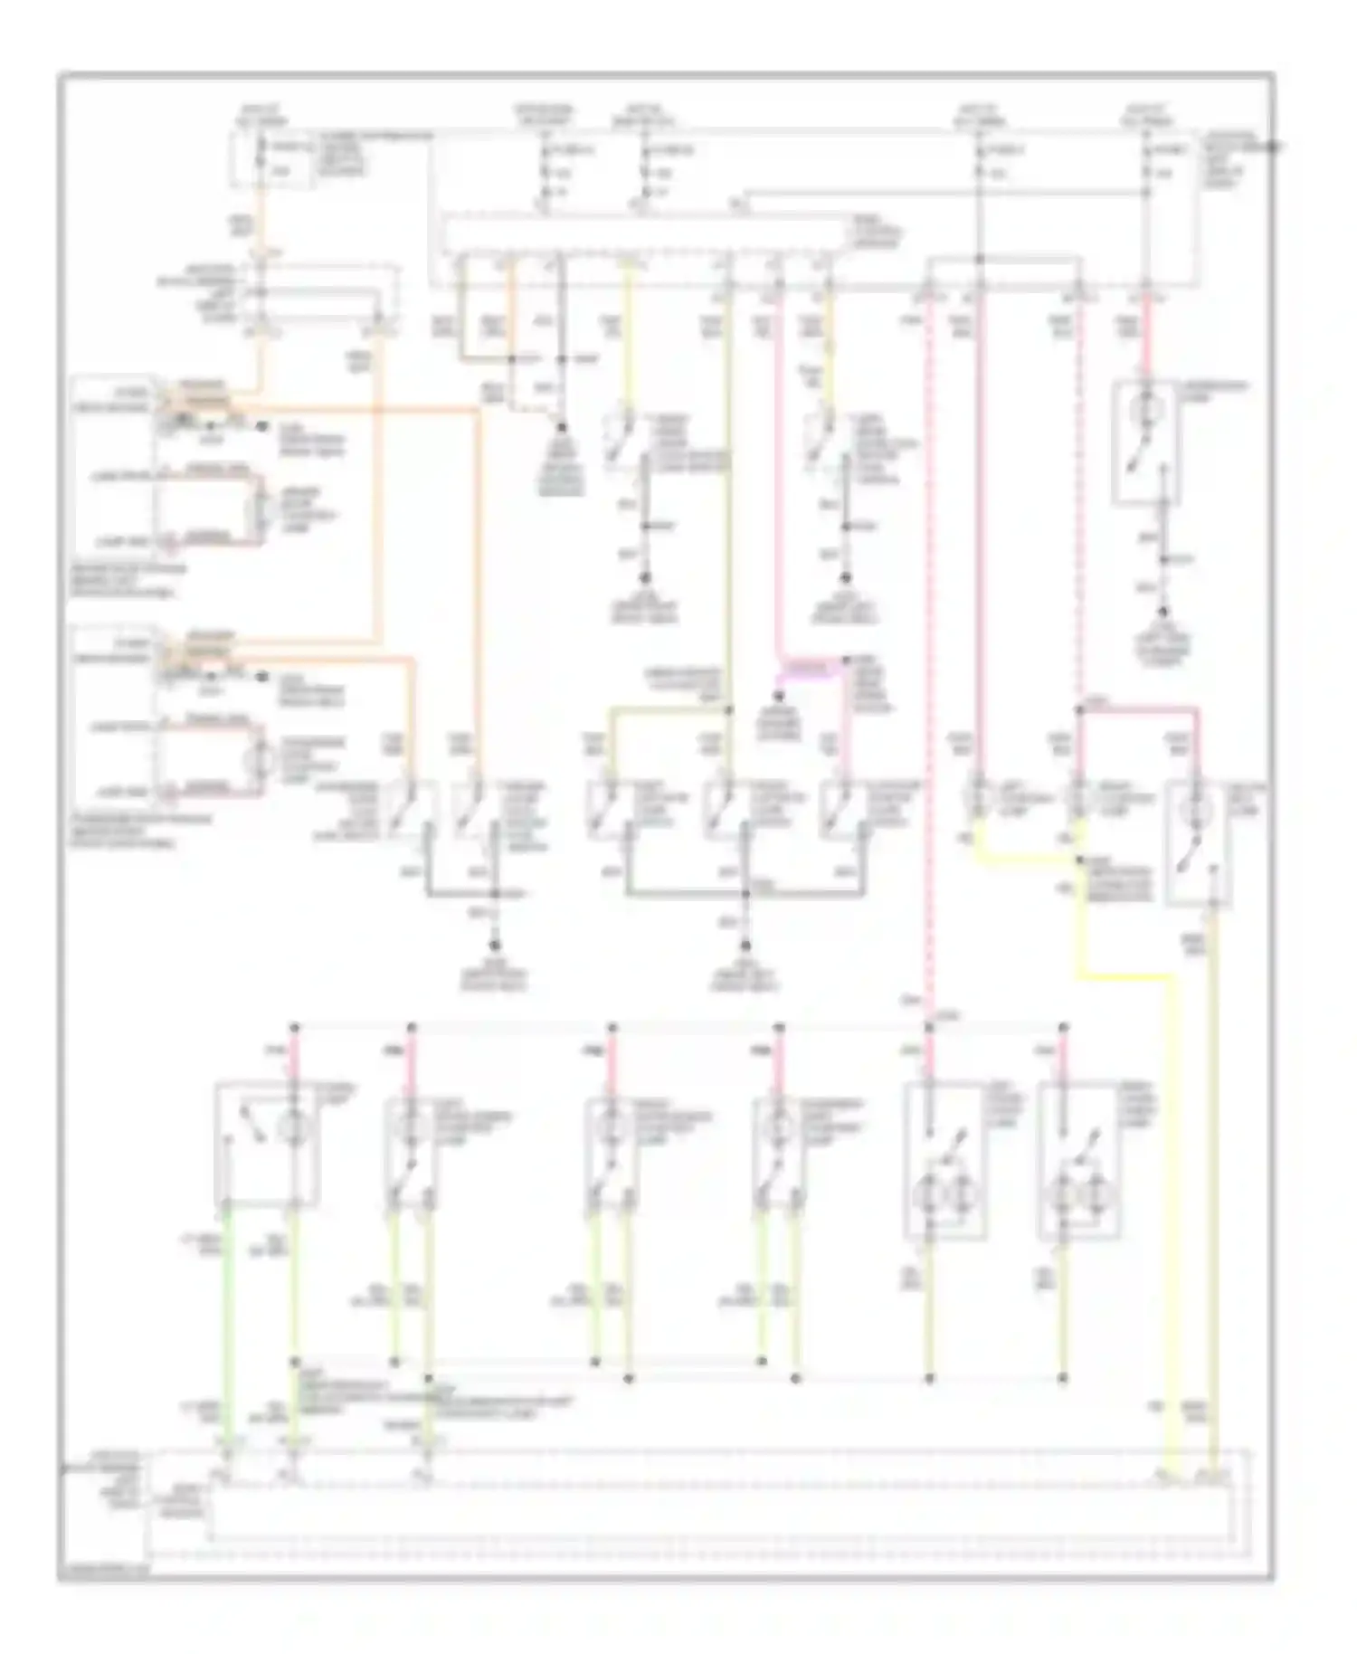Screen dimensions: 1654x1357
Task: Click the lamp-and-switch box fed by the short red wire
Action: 1145,441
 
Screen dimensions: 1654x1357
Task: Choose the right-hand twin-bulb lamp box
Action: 1078,1161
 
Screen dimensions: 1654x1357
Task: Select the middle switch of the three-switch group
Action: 727,809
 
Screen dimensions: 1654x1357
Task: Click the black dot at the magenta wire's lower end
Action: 779,696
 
